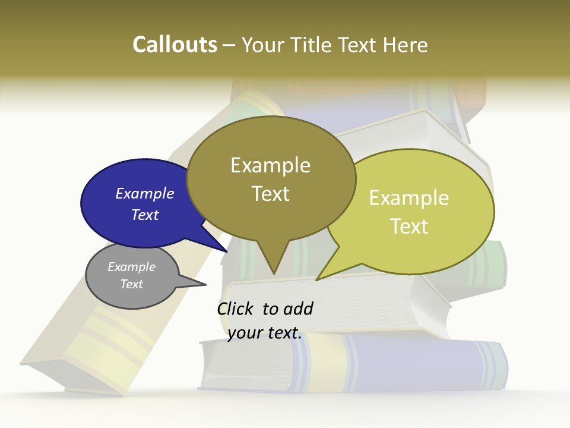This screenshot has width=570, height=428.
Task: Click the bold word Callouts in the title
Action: click(175, 45)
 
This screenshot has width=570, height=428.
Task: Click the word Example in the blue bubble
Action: click(145, 193)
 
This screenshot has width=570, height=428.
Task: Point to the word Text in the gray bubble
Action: click(132, 284)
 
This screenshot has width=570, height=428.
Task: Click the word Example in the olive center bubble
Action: click(271, 165)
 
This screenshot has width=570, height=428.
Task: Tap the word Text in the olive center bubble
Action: click(271, 194)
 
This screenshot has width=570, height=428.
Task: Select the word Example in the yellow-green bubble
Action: click(409, 198)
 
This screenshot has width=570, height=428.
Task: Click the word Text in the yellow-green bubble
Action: click(409, 226)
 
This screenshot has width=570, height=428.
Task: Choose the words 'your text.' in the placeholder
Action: click(265, 333)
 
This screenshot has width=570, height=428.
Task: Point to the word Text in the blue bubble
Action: click(145, 215)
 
